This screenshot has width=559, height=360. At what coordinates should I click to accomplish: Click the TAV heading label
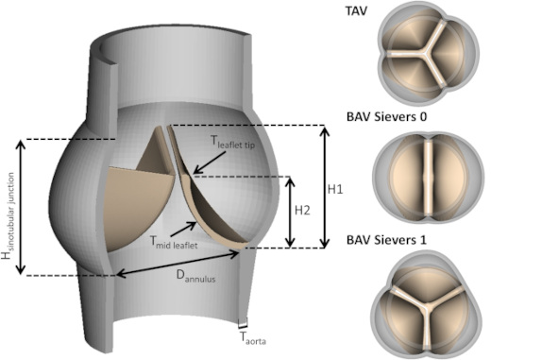356,10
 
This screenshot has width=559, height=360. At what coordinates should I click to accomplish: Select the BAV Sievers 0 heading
386,116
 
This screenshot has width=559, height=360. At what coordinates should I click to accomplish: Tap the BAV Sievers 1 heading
386,240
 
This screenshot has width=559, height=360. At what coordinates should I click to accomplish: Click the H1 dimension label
335,189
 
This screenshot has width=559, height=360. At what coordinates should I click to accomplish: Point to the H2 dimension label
302,211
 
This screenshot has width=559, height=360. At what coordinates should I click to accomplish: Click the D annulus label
195,276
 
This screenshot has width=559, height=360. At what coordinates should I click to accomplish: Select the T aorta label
253,338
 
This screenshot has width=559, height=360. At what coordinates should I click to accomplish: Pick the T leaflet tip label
232,142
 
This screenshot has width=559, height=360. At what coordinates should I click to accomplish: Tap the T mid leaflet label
174,242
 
